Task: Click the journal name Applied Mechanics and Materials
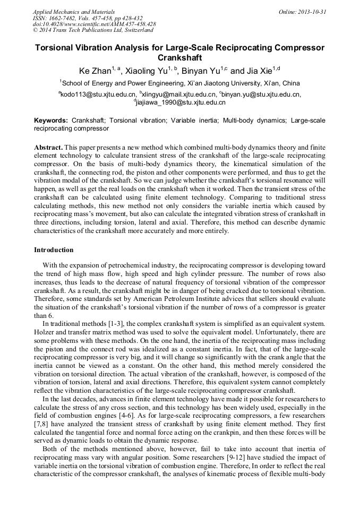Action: [73, 11]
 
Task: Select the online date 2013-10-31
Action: [303, 11]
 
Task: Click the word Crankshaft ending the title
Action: [179, 57]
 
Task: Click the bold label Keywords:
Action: [51, 120]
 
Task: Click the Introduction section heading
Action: [54, 249]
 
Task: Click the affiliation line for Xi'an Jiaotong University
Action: [179, 83]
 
